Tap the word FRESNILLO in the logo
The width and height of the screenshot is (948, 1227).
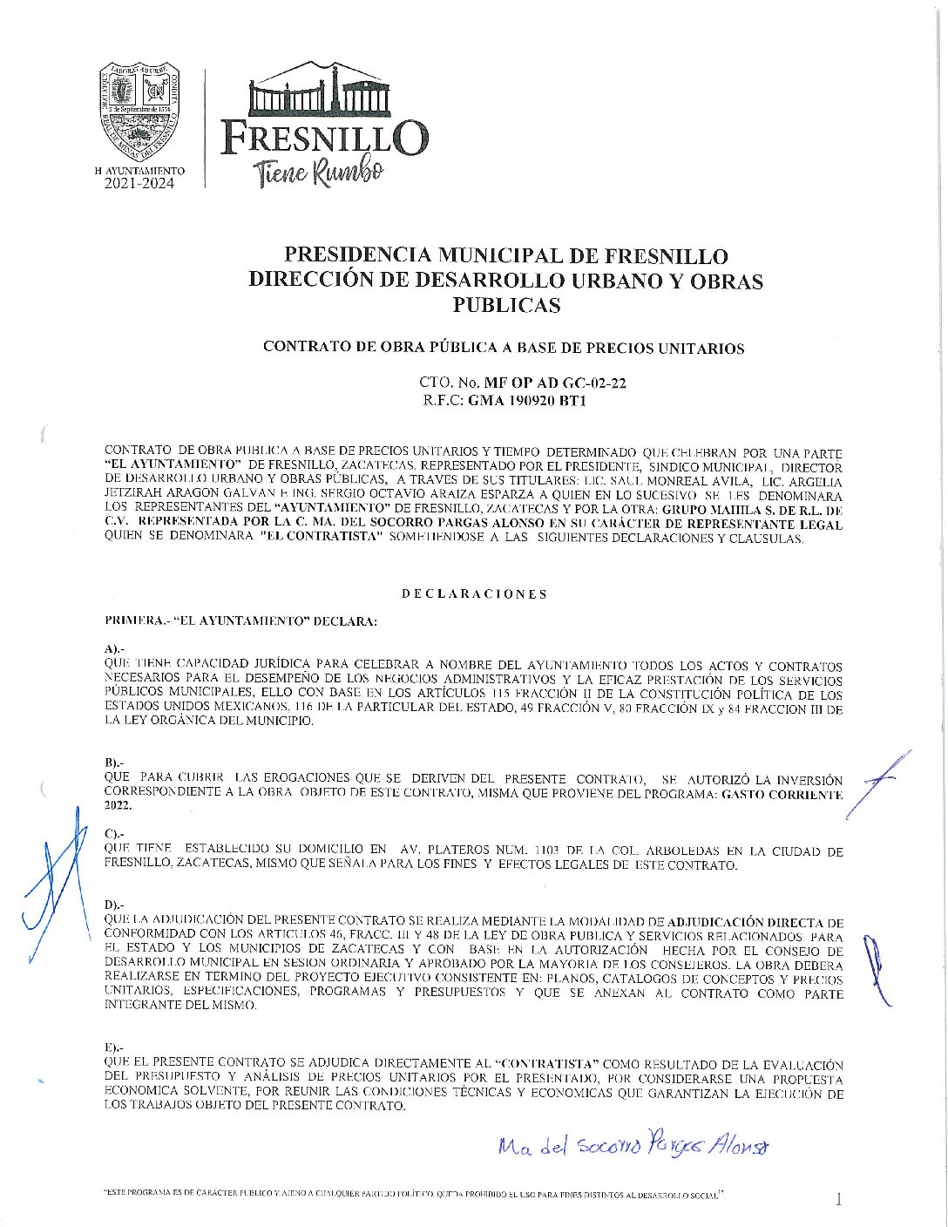point(324,139)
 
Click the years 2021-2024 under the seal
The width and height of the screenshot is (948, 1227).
point(139,184)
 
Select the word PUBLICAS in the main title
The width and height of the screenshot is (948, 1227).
point(506,306)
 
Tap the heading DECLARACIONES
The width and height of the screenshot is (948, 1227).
point(474,594)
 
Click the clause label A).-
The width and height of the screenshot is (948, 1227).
point(114,649)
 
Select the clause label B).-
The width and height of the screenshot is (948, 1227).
point(114,763)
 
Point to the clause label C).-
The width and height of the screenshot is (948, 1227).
point(114,834)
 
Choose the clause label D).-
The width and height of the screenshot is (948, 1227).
point(114,905)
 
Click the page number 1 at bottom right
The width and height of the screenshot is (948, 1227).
point(838,1200)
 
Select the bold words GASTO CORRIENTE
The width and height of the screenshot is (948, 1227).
point(782,795)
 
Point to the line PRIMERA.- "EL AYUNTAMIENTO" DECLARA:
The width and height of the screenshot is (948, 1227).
point(240,621)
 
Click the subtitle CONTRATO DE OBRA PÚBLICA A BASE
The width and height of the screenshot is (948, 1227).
point(503,349)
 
